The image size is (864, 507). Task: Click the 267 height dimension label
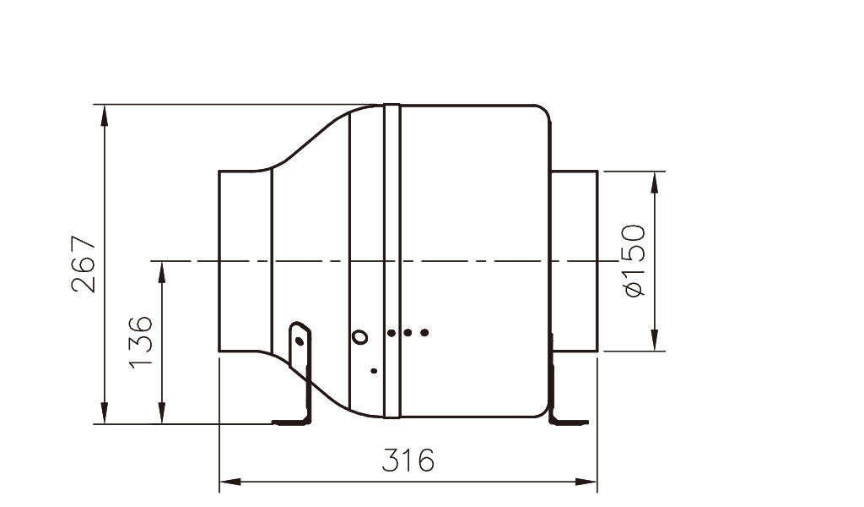(x=84, y=264)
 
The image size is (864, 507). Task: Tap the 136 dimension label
(x=140, y=341)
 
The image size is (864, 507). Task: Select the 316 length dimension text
(x=408, y=461)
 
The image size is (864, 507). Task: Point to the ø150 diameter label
(x=634, y=260)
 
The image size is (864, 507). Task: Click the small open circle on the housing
(x=359, y=336)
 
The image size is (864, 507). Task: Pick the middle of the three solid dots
(x=408, y=333)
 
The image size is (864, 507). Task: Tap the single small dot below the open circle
(x=374, y=371)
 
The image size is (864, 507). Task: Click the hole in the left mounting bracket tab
(x=300, y=341)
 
